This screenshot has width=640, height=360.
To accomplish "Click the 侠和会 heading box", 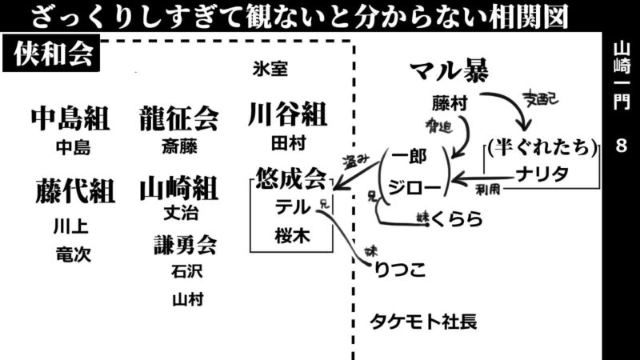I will [x=54, y=57].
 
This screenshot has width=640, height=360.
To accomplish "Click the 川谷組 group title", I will [x=287, y=114].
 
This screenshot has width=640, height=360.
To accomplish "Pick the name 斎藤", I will [x=178, y=147].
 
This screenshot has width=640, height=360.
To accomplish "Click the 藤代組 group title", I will [x=74, y=191].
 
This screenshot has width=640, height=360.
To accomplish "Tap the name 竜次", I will [x=74, y=254].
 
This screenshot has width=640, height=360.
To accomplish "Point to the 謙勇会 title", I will [x=186, y=243].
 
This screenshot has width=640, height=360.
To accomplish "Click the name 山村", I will [x=187, y=299].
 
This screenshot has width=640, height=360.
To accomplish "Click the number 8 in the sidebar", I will [x=622, y=147].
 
